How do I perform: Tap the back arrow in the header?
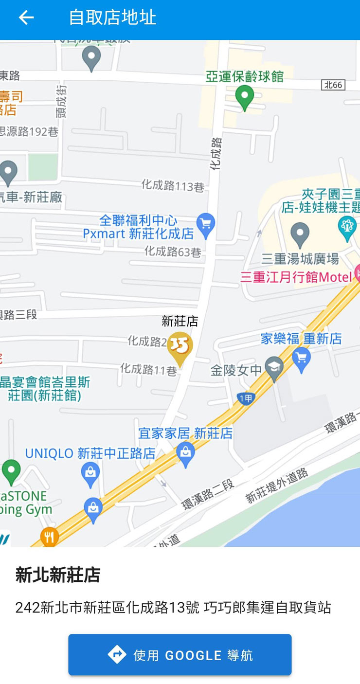26,18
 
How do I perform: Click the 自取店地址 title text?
112,18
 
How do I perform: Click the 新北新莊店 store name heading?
58,575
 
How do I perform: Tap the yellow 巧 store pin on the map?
180,347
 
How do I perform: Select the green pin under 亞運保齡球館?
245,97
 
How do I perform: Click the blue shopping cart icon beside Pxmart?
206,225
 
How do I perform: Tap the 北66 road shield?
333,85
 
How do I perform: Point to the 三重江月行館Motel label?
296,277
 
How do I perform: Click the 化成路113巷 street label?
173,185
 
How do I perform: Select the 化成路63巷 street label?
173,252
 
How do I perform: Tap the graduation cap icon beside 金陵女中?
274,370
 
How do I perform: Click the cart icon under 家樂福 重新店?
301,360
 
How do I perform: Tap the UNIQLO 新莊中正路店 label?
90,453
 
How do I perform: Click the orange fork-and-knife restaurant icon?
49,537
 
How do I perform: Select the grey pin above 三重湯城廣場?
300,234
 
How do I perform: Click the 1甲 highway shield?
246,398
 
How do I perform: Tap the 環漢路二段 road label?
208,494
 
